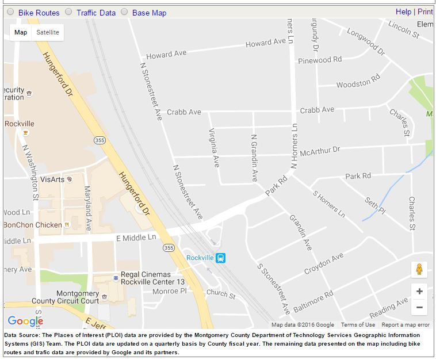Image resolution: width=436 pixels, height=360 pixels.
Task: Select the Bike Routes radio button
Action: click(10, 12)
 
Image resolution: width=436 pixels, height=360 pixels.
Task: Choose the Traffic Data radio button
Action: click(68, 12)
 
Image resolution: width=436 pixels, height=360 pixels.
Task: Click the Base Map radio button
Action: click(124, 12)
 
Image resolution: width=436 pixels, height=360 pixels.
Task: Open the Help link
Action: click(403, 12)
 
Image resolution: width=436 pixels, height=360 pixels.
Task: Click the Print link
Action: click(425, 12)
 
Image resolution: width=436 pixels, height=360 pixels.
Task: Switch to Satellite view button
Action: click(48, 32)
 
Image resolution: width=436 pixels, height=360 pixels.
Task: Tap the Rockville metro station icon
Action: click(220, 258)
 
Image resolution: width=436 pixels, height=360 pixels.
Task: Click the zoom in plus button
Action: click(419, 292)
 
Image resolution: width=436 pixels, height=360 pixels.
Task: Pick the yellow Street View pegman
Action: click(419, 269)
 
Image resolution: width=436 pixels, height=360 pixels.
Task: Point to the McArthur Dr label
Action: click(320, 150)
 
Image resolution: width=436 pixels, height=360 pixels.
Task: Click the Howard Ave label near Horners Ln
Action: click(265, 43)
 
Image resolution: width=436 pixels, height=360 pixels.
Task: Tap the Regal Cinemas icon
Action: click(116, 278)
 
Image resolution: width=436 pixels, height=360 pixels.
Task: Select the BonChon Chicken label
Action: click(33, 225)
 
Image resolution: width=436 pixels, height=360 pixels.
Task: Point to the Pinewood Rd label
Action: click(319, 60)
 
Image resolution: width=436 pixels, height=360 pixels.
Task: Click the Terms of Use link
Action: click(358, 325)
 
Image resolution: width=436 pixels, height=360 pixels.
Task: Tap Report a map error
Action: click(406, 325)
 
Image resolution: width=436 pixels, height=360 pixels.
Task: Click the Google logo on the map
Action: click(25, 321)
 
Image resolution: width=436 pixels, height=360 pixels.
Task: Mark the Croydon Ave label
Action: click(324, 262)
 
